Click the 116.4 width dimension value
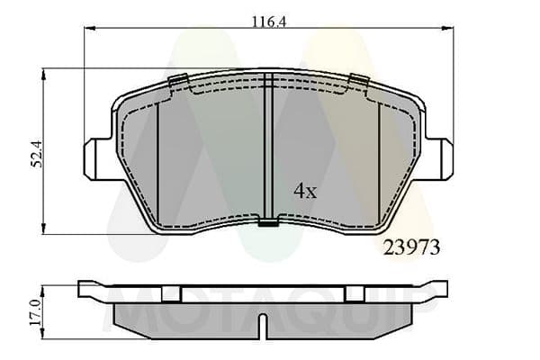point(269,22)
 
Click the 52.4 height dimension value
point(37,154)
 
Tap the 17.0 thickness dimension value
point(35,312)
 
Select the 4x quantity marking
point(305,191)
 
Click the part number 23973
point(411,247)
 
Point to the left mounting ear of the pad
point(98,158)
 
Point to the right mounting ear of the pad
point(438,158)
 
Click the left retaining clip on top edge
point(178,80)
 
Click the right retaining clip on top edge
point(359,79)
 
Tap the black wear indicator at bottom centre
point(268,223)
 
